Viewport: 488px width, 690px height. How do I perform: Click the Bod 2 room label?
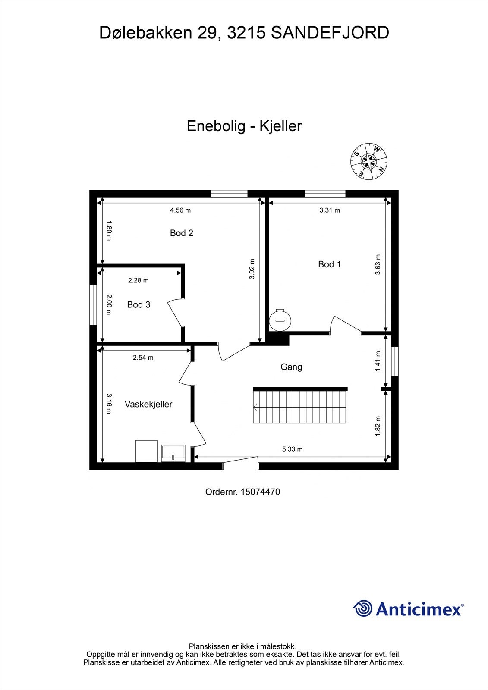click(181, 233)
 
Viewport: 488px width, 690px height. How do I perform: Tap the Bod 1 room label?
click(329, 264)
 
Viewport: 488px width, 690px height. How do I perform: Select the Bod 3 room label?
click(139, 305)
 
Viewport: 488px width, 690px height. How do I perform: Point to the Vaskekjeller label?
click(148, 404)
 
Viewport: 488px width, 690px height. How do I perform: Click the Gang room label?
click(291, 367)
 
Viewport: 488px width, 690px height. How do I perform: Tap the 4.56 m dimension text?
click(180, 210)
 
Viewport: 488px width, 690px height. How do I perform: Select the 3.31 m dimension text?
click(330, 210)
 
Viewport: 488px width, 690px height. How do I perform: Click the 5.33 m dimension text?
click(293, 449)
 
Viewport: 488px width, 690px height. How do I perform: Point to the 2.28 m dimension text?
click(139, 280)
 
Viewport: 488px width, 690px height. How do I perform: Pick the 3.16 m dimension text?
click(108, 403)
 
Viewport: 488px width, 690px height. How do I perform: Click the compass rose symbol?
click(368, 161)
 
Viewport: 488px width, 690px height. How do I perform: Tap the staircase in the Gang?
click(300, 406)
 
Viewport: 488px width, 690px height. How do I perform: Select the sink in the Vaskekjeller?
click(173, 454)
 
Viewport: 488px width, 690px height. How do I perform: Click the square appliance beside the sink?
click(147, 451)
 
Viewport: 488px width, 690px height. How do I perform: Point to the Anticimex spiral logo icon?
click(363, 609)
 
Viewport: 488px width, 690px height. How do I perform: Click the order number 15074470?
click(260, 492)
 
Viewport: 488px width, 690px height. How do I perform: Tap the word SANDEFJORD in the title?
click(330, 33)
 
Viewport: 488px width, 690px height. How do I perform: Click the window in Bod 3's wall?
click(93, 304)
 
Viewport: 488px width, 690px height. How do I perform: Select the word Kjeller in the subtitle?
click(280, 126)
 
